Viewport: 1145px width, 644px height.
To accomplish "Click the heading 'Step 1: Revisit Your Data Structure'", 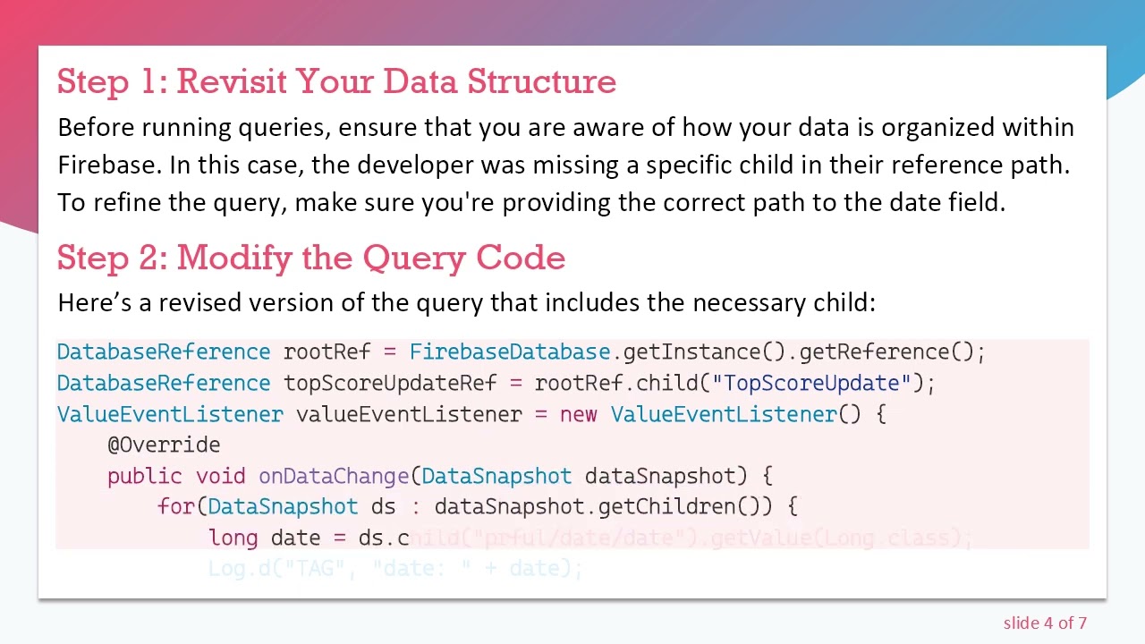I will pos(336,81).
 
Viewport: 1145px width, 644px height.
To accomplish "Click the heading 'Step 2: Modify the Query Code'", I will pos(310,258).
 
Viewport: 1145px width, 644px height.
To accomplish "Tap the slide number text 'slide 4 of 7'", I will pos(1044,623).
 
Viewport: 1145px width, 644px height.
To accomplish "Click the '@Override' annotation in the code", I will pos(164,445).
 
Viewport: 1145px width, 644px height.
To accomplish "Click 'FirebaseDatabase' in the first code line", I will pos(509,352).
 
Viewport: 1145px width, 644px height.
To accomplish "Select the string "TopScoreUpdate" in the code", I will pos(811,384).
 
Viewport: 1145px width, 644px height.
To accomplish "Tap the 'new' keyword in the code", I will pos(578,415).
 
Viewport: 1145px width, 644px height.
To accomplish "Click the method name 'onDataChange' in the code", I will pos(333,477).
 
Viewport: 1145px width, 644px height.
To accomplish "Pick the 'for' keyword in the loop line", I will pos(175,507).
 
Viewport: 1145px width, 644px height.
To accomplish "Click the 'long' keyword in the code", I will pos(233,538).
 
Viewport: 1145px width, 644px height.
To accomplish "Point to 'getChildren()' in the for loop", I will pos(679,507).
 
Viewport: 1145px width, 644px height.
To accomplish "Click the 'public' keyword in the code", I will pos(145,477).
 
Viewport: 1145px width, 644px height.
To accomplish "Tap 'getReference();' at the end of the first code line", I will pos(892,352).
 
